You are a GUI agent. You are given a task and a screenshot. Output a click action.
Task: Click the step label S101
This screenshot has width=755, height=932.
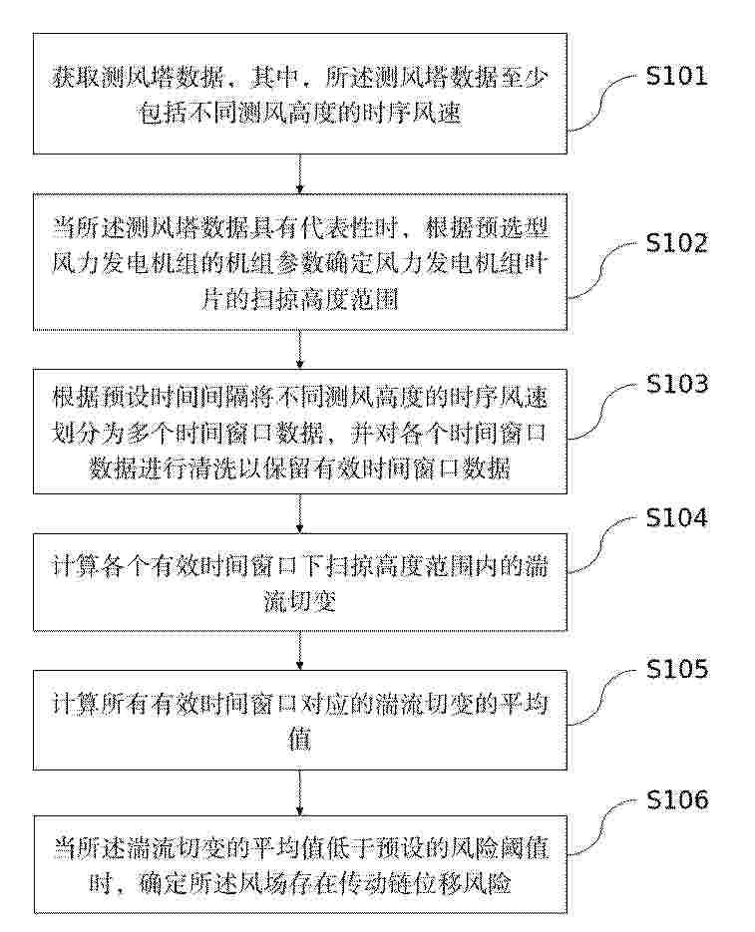click(677, 76)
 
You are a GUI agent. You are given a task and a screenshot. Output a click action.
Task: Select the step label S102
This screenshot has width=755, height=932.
click(677, 243)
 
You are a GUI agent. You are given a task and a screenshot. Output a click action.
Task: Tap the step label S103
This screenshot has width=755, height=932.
click(677, 384)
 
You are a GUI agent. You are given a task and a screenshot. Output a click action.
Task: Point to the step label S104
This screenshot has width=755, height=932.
click(677, 517)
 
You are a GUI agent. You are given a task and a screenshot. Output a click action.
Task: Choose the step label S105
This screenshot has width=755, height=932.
click(677, 669)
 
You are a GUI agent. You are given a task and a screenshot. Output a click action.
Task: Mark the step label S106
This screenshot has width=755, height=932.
click(677, 800)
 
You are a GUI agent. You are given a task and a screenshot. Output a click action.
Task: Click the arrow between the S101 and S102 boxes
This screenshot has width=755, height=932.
click(300, 173)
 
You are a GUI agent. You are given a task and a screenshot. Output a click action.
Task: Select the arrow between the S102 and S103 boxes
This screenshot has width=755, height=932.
click(300, 350)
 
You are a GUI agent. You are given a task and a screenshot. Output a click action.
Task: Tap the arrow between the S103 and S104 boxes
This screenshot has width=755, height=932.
click(300, 513)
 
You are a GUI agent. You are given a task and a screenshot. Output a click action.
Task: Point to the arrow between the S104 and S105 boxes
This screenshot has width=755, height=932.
click(300, 650)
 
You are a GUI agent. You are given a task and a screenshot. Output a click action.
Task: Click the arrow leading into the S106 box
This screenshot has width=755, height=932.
click(300, 793)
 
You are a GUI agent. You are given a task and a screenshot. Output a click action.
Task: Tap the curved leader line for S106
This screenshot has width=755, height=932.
click(602, 827)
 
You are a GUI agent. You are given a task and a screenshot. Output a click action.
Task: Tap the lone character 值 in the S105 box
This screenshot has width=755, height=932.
click(299, 741)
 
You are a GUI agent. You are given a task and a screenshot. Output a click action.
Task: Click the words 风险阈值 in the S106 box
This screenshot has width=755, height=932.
click(499, 848)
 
